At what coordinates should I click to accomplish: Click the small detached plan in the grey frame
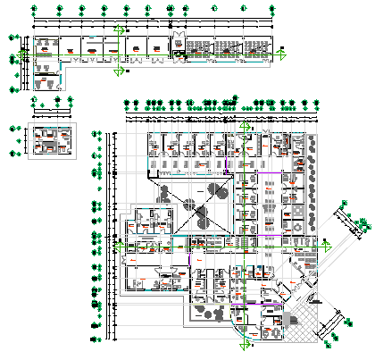(x=50, y=141)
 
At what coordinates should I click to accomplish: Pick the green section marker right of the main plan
(x=328, y=247)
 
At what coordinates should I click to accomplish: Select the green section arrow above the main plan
(x=242, y=125)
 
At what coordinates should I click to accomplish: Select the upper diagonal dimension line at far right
(x=350, y=224)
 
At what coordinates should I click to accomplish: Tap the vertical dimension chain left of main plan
(x=109, y=232)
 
